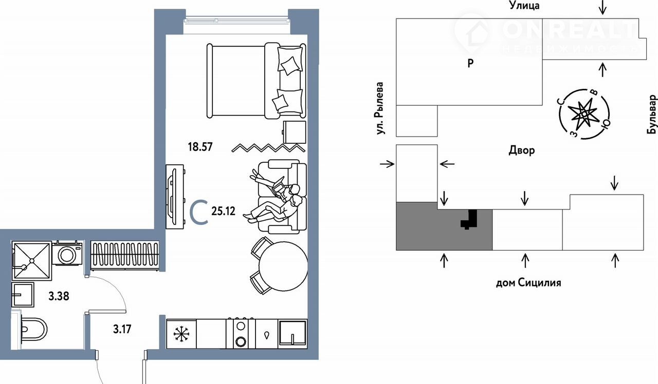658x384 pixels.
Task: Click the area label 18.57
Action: click(200, 147)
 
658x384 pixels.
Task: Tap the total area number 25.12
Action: click(223, 211)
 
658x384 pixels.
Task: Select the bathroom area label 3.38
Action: click(59, 296)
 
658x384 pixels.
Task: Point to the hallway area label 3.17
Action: click(122, 329)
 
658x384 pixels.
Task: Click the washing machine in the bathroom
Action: click(67, 254)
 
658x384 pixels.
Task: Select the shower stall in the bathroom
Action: click(32, 260)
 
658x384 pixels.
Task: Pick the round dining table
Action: click(283, 266)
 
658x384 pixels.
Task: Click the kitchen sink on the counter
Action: click(293, 334)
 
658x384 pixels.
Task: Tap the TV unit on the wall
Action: click(175, 197)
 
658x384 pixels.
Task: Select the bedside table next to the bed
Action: click(295, 132)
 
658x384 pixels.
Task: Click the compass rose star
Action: click(584, 114)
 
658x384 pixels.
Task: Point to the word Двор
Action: click(522, 150)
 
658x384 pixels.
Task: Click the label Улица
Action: click(524, 5)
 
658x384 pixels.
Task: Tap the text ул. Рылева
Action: click(380, 108)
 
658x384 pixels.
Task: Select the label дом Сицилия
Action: click(528, 283)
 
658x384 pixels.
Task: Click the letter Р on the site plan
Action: click(470, 63)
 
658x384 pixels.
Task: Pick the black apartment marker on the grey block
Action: click(469, 219)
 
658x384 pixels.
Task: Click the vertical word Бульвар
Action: click(652, 114)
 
